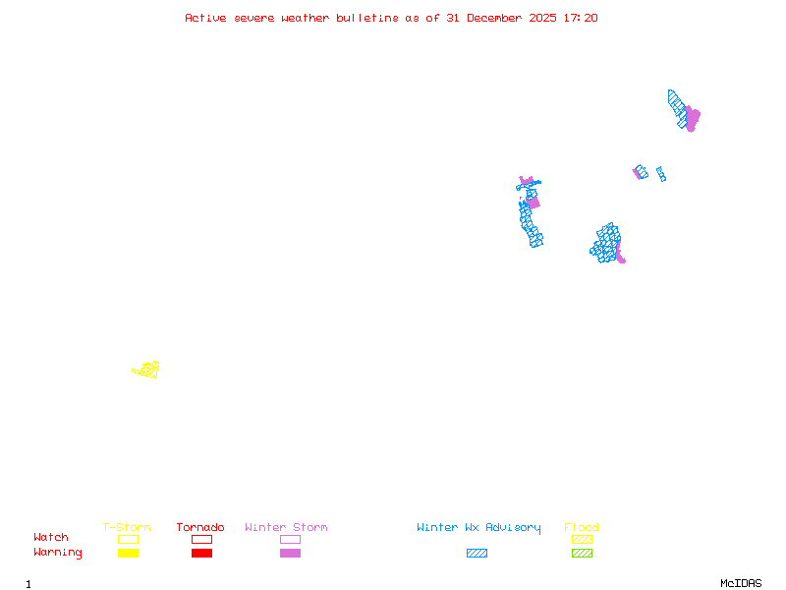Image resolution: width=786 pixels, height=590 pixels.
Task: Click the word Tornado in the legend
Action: click(x=200, y=528)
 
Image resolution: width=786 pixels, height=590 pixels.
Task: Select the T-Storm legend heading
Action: click(x=127, y=528)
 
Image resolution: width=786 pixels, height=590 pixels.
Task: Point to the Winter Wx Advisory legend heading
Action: click(x=478, y=528)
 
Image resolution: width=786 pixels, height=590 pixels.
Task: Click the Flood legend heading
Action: click(x=582, y=528)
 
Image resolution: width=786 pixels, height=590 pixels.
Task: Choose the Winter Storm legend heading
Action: click(x=286, y=528)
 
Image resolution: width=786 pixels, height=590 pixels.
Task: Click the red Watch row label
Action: click(x=51, y=538)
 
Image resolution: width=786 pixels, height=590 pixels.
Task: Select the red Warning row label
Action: click(x=58, y=553)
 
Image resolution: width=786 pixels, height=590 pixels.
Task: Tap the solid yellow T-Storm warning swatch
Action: click(x=128, y=553)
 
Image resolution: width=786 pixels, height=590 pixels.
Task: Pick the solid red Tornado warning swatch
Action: click(x=201, y=553)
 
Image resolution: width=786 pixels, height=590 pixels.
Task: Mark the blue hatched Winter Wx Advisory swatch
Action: click(x=477, y=553)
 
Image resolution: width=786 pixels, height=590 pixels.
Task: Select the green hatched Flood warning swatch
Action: click(x=582, y=553)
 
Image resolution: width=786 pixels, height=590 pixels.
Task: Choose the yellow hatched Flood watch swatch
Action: click(x=582, y=539)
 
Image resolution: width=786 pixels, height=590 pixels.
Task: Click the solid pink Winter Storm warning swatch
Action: click(x=290, y=553)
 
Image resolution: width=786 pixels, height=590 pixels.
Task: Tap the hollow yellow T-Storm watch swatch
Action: click(x=128, y=539)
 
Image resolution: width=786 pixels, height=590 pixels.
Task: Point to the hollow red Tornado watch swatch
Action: click(x=201, y=539)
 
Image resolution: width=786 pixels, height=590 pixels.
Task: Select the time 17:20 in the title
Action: click(x=582, y=18)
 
